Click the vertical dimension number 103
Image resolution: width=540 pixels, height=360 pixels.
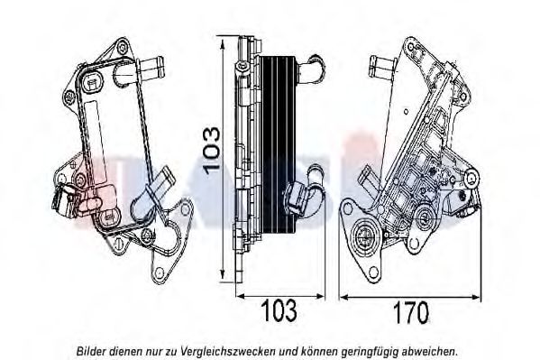(212, 150)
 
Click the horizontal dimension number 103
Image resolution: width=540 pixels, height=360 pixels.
(279, 310)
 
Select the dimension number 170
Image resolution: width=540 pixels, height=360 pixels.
(411, 312)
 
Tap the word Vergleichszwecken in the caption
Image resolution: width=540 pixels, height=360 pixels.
(228, 352)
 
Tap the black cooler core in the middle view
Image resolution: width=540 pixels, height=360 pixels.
(278, 143)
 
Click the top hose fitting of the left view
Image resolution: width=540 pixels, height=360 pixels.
(151, 68)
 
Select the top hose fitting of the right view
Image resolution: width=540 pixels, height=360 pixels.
(383, 68)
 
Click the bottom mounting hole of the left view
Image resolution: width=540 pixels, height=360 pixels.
(159, 272)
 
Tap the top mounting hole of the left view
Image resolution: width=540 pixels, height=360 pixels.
(123, 48)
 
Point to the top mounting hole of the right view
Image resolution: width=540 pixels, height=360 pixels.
(410, 47)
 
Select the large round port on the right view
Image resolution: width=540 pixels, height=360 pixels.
(363, 237)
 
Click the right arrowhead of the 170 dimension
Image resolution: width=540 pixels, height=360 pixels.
(476, 297)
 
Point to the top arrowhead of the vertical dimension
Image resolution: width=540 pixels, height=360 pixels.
(223, 45)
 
